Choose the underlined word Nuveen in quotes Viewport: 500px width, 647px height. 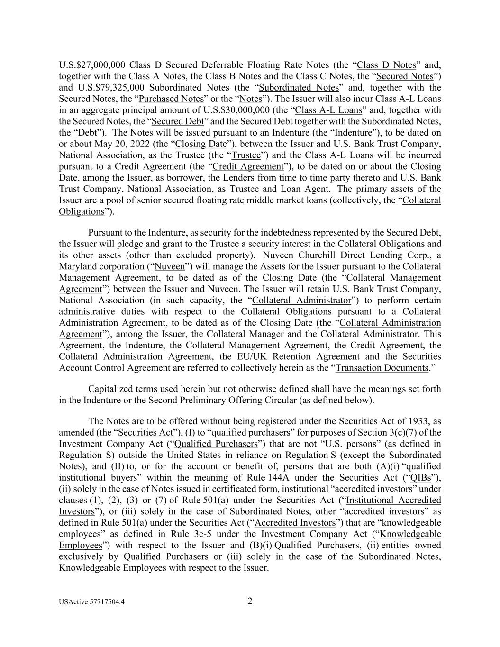[x=170, y=267]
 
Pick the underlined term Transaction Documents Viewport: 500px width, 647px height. [x=382, y=368]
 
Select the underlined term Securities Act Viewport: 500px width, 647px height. [x=145, y=433]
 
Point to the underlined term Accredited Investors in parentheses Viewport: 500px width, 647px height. [x=295, y=523]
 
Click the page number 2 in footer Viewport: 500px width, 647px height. [x=250, y=601]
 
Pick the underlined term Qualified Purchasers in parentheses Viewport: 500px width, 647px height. [x=216, y=444]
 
